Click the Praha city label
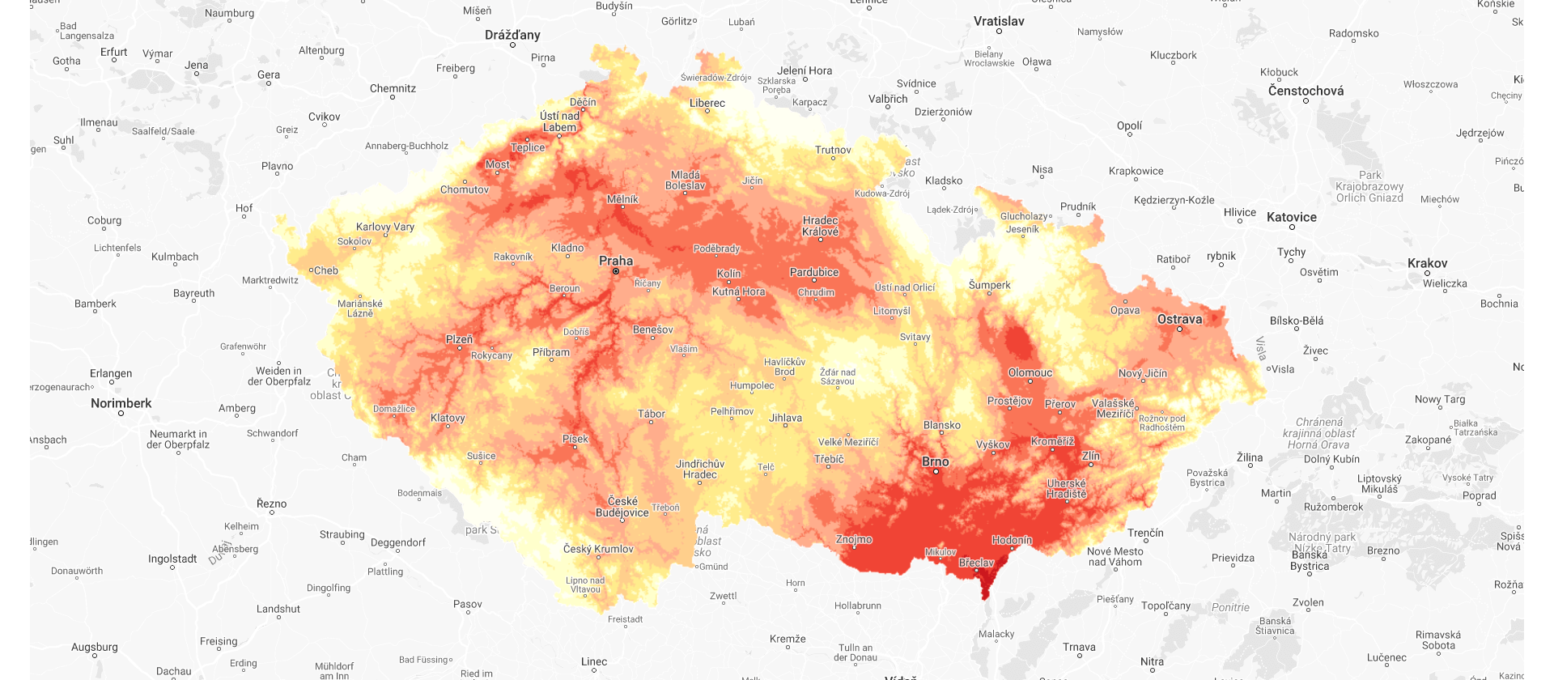click(x=616, y=261)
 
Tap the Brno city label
click(x=936, y=461)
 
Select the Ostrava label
click(x=1179, y=319)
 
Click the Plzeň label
click(x=459, y=339)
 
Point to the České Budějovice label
click(x=622, y=507)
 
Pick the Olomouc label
click(x=1030, y=372)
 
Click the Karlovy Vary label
click(x=385, y=227)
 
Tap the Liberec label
click(x=707, y=103)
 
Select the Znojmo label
click(x=854, y=539)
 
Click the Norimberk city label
click(x=121, y=403)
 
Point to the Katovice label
click(x=1292, y=217)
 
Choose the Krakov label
click(x=1427, y=263)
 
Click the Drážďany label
click(x=512, y=35)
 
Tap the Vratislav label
click(x=999, y=21)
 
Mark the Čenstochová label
click(x=1306, y=91)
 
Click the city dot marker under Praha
click(x=616, y=271)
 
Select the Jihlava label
click(x=785, y=418)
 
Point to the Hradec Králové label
click(x=821, y=226)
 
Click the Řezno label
click(x=272, y=504)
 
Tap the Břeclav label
click(x=976, y=563)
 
